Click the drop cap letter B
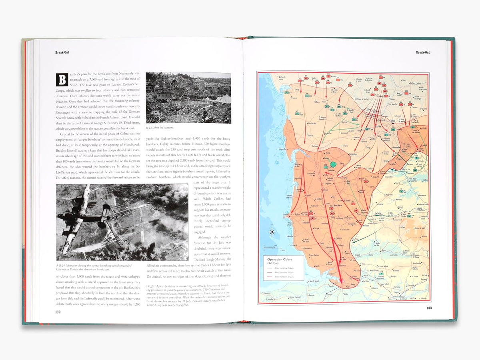coord(62,79)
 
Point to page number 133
coord(429,308)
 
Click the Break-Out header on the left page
coord(62,52)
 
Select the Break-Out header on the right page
coord(423,52)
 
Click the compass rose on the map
coord(272,231)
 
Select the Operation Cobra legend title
coord(280,260)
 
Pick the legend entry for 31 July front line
coord(280,276)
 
